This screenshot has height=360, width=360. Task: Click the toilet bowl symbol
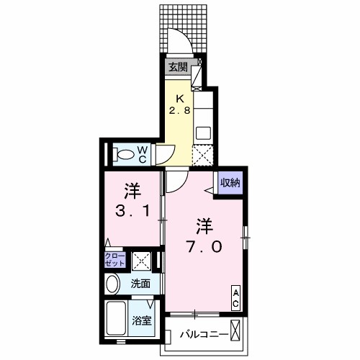point(125,153)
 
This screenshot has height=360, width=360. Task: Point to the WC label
point(143,153)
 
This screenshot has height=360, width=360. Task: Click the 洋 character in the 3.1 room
point(131,192)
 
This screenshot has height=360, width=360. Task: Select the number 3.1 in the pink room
point(131,213)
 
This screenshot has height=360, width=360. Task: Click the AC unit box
point(235,298)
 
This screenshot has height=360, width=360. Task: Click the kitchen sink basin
point(203,132)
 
